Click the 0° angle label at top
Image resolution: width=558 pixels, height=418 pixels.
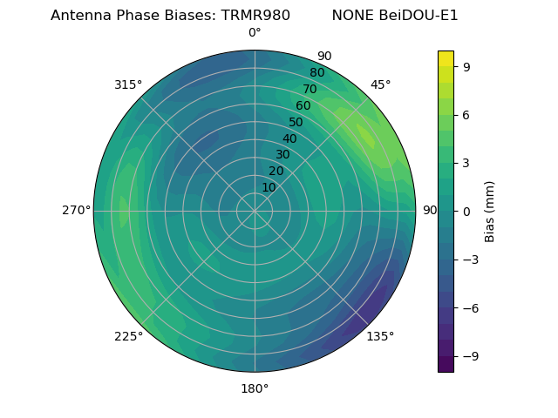[x=255, y=33]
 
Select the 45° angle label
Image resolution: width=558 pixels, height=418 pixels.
[x=380, y=84]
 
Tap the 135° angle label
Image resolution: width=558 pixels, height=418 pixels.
[x=380, y=336]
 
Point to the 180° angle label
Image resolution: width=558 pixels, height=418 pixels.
[x=255, y=388]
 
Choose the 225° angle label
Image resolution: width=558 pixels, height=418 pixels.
[x=128, y=336]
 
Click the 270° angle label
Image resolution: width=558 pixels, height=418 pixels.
[x=76, y=210]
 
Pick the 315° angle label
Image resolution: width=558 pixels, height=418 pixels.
[x=128, y=84]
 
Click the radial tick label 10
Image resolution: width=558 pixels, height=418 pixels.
[x=269, y=187]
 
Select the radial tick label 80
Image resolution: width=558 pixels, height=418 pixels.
[x=316, y=73]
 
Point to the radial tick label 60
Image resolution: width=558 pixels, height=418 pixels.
[x=303, y=105]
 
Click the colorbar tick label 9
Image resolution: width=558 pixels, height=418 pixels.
[x=467, y=65]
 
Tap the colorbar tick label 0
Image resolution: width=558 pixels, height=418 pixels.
[x=467, y=211]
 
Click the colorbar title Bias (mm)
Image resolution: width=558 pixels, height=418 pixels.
[x=490, y=211]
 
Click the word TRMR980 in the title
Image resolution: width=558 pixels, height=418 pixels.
[x=259, y=16]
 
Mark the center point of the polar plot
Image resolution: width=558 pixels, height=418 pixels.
[x=255, y=211]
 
